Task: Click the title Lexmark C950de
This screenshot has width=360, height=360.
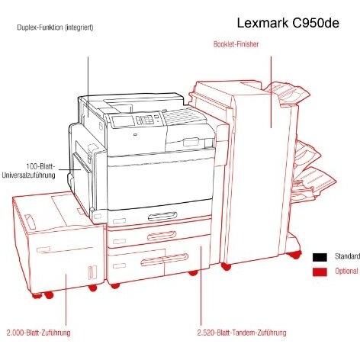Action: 288,24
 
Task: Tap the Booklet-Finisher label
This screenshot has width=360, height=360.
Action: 236,44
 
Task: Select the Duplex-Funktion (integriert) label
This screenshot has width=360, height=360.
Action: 55,27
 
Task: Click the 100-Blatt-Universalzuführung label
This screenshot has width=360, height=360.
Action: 28,171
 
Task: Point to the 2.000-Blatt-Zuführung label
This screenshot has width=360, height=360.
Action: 38,333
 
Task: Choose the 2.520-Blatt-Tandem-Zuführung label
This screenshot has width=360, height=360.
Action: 242,333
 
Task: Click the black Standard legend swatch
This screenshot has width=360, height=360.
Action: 320,257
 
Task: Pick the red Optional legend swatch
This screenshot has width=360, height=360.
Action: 320,272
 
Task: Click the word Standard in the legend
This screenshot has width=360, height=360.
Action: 347,256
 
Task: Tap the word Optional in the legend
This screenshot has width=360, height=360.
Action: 346,271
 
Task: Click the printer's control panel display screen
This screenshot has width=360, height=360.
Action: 122,121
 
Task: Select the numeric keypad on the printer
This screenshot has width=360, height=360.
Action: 145,119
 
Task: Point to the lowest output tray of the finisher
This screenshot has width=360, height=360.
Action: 315,183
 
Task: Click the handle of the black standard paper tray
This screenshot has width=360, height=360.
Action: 162,217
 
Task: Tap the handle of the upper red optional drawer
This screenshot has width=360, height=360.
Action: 162,236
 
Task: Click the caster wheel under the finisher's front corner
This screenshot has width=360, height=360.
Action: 226,267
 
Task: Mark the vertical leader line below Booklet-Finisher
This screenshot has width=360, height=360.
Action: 271,92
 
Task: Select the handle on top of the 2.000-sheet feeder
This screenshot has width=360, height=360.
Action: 31,222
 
